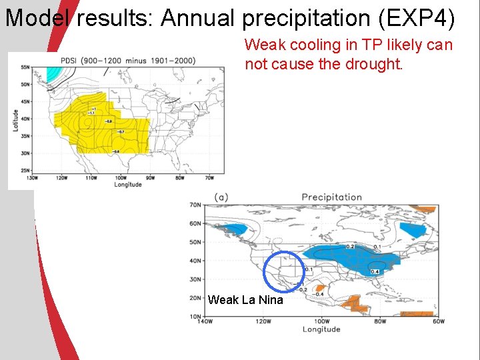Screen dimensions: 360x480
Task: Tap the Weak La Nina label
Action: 245,300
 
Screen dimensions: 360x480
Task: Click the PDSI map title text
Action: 127,61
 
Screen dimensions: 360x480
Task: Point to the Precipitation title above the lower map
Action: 331,197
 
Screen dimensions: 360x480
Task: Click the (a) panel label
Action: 222,197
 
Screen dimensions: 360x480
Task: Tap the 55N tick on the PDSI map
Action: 25,67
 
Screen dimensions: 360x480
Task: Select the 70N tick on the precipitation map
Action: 195,205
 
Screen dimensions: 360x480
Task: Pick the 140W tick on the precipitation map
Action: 205,321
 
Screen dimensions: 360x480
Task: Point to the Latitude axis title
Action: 15,119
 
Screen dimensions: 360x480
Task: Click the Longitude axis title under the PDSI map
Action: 127,185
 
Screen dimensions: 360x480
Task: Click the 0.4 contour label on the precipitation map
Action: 375,271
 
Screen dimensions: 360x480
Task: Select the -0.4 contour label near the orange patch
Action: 319,294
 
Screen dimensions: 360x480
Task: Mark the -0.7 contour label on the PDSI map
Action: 120,132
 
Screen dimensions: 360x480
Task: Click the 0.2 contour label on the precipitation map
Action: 350,247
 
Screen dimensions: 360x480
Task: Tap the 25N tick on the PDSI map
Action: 25,171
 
